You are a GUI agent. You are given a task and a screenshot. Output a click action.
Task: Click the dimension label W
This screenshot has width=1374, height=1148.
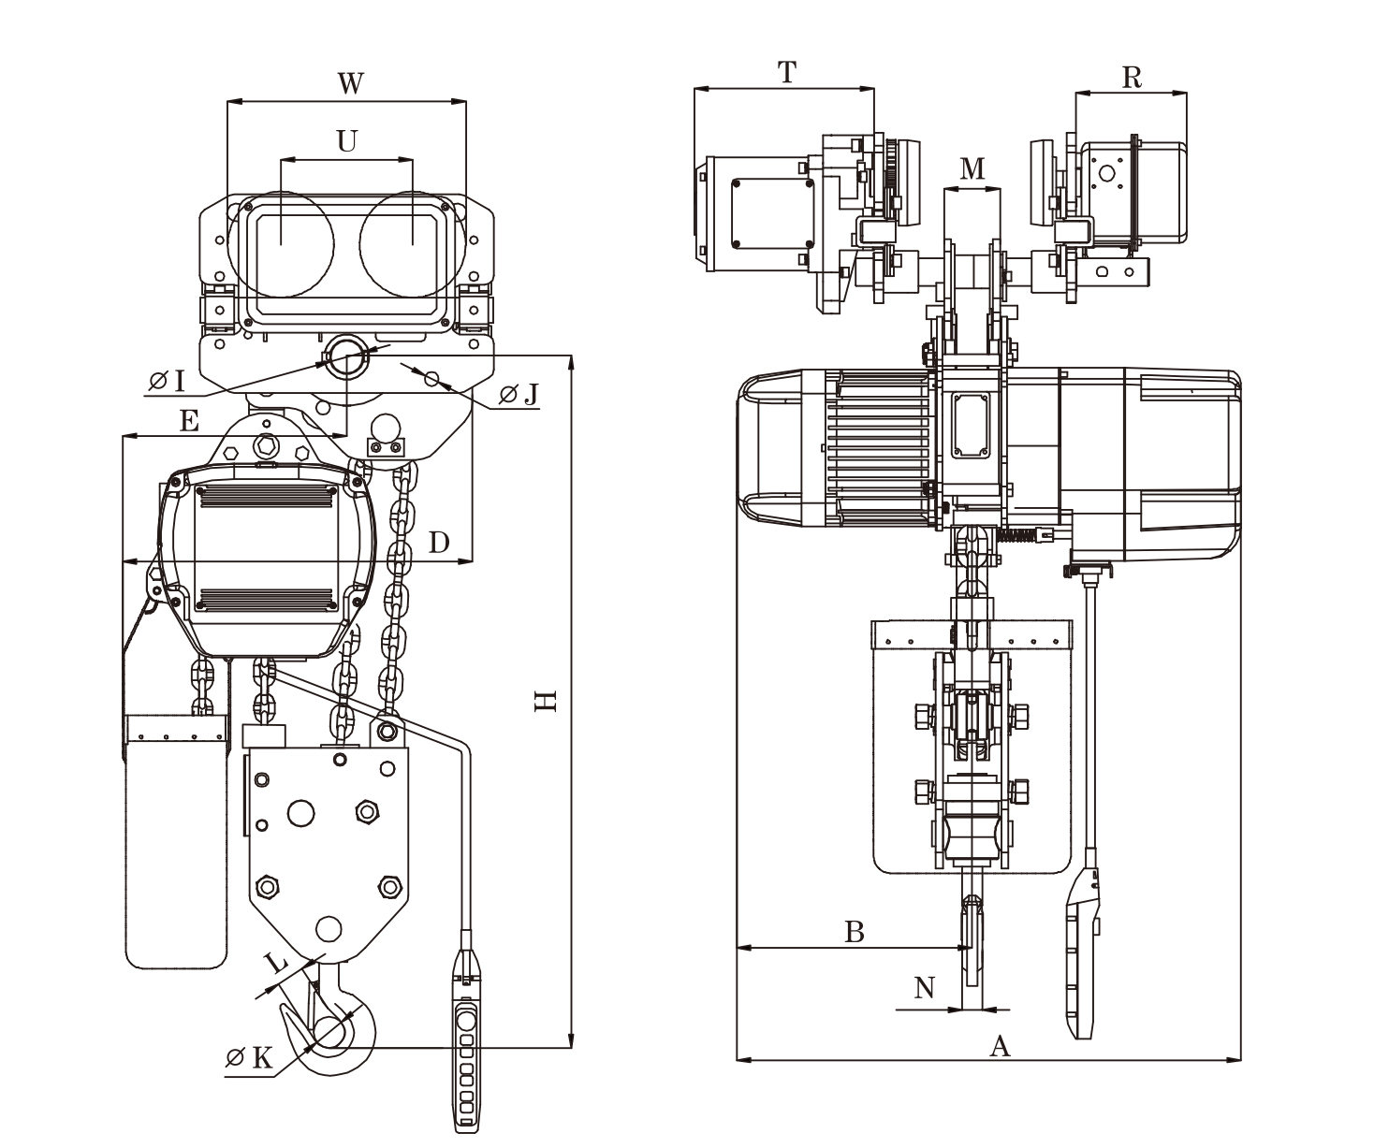tap(349, 84)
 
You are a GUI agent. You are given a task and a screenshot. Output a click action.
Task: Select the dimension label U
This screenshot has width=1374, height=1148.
tap(347, 141)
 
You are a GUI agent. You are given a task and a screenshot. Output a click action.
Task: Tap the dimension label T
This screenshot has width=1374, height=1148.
tap(786, 72)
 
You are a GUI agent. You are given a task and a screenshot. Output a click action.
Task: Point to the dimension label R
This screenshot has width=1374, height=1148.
tap(1131, 77)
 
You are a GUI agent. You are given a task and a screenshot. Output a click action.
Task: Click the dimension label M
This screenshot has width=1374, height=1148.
tap(972, 168)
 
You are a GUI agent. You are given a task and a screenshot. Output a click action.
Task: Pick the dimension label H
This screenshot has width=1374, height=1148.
tap(545, 701)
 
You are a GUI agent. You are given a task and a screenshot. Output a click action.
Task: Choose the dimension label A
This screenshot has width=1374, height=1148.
tap(1001, 1046)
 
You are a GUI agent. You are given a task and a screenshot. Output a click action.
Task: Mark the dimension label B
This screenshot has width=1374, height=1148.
tap(854, 931)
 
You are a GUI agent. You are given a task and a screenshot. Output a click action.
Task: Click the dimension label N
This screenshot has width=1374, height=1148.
tap(925, 988)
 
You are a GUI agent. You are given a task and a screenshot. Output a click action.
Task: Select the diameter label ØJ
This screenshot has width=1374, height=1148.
tap(519, 395)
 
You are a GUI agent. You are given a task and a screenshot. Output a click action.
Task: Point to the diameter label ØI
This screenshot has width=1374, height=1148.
tap(168, 380)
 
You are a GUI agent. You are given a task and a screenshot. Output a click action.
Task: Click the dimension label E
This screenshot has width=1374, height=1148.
tap(189, 422)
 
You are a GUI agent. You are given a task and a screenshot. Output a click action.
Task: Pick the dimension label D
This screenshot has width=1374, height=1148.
tap(439, 543)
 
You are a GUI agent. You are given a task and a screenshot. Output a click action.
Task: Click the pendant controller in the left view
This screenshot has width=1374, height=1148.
tap(465, 1039)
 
